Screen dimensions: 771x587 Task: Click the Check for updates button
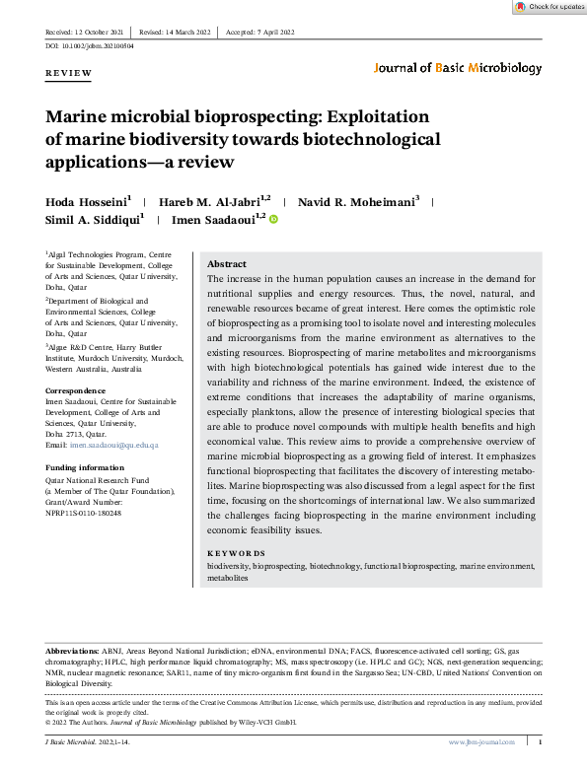point(550,7)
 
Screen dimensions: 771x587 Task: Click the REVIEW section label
point(68,73)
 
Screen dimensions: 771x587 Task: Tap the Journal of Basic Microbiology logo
point(458,68)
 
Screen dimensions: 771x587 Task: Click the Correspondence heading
point(78,391)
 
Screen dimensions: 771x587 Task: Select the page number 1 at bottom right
point(540,741)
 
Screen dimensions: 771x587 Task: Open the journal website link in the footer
point(482,741)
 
